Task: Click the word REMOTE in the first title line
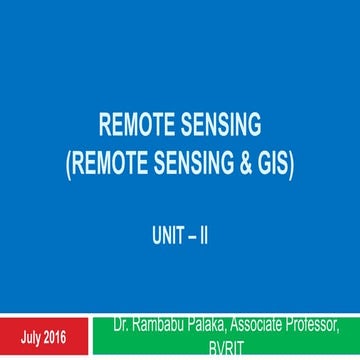[143, 128]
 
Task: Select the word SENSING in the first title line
[210, 128]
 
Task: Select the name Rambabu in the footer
[162, 323]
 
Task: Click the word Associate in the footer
[261, 323]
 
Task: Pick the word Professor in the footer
[317, 323]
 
